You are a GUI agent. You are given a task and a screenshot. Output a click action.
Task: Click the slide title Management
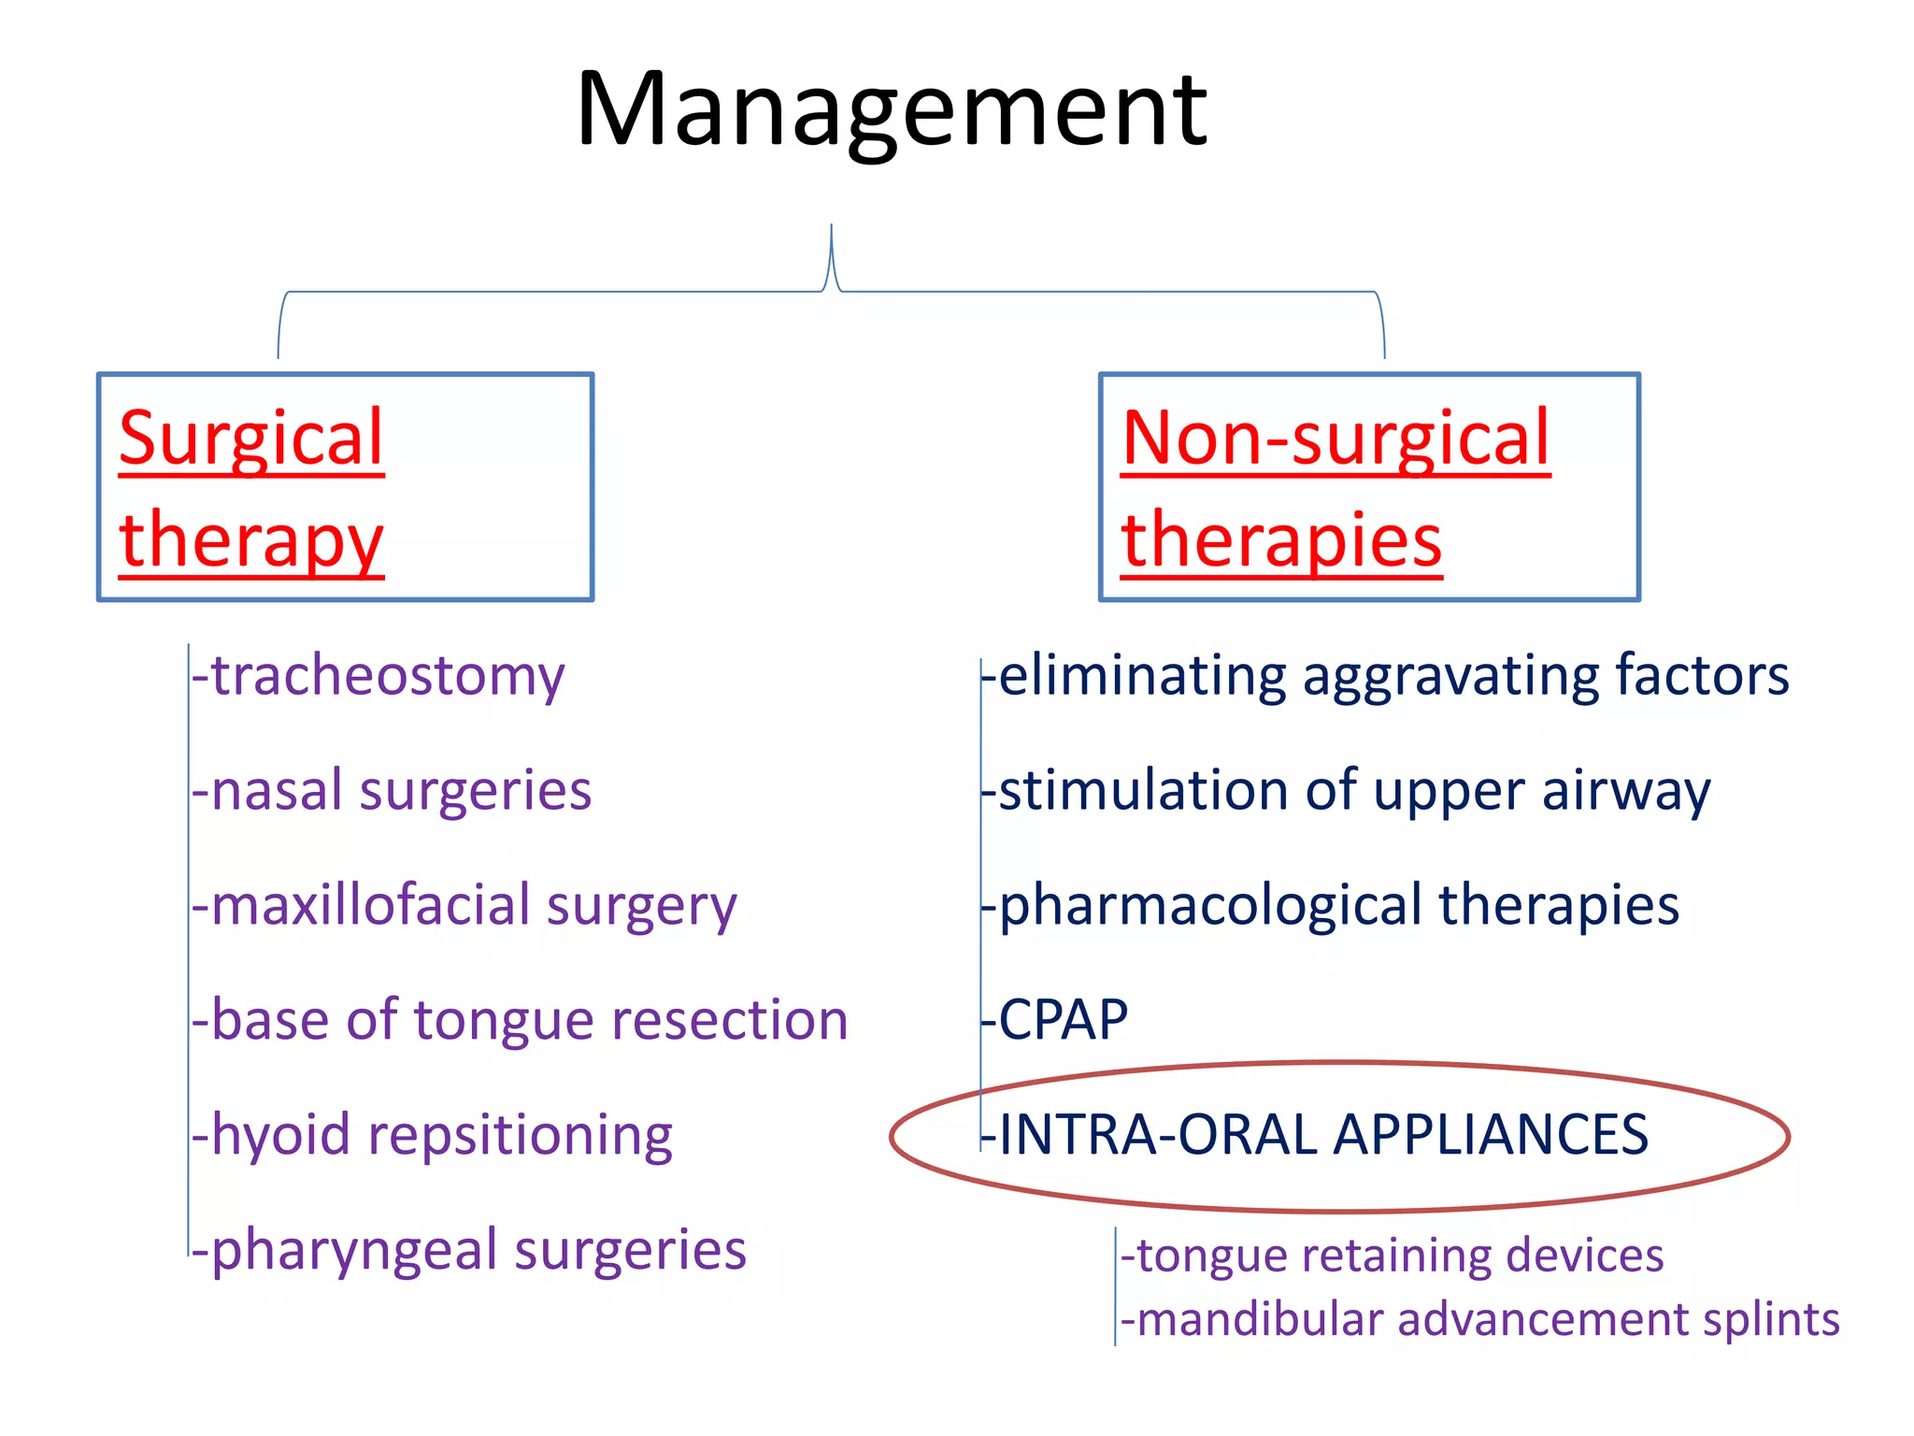point(892,110)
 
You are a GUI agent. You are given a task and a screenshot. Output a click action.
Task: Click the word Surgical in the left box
point(251,438)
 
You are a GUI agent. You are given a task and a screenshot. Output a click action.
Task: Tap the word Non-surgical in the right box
point(1336,438)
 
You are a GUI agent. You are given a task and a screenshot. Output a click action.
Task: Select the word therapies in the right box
point(1281,541)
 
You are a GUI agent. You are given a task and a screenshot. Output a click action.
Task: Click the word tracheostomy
point(388,676)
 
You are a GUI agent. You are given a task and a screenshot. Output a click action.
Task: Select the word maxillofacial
point(370,905)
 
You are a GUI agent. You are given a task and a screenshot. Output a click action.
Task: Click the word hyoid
point(280,1135)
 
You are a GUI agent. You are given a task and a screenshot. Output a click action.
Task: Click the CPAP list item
point(1063,1020)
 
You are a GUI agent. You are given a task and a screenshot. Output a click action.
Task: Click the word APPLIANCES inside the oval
point(1491,1135)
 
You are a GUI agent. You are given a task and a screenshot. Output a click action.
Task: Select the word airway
point(1626,791)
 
